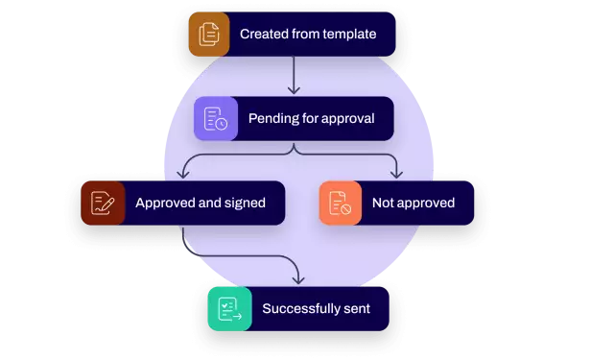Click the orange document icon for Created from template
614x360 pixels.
209,35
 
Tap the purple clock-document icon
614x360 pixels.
216,119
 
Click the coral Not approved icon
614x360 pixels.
341,203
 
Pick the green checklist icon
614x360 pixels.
229,309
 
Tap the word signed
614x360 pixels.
244,204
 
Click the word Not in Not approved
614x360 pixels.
382,204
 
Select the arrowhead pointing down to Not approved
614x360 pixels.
397,174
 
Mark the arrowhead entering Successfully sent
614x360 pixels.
298,279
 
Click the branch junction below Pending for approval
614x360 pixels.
294,150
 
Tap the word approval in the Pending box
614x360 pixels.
344,119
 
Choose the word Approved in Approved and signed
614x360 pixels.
167,204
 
